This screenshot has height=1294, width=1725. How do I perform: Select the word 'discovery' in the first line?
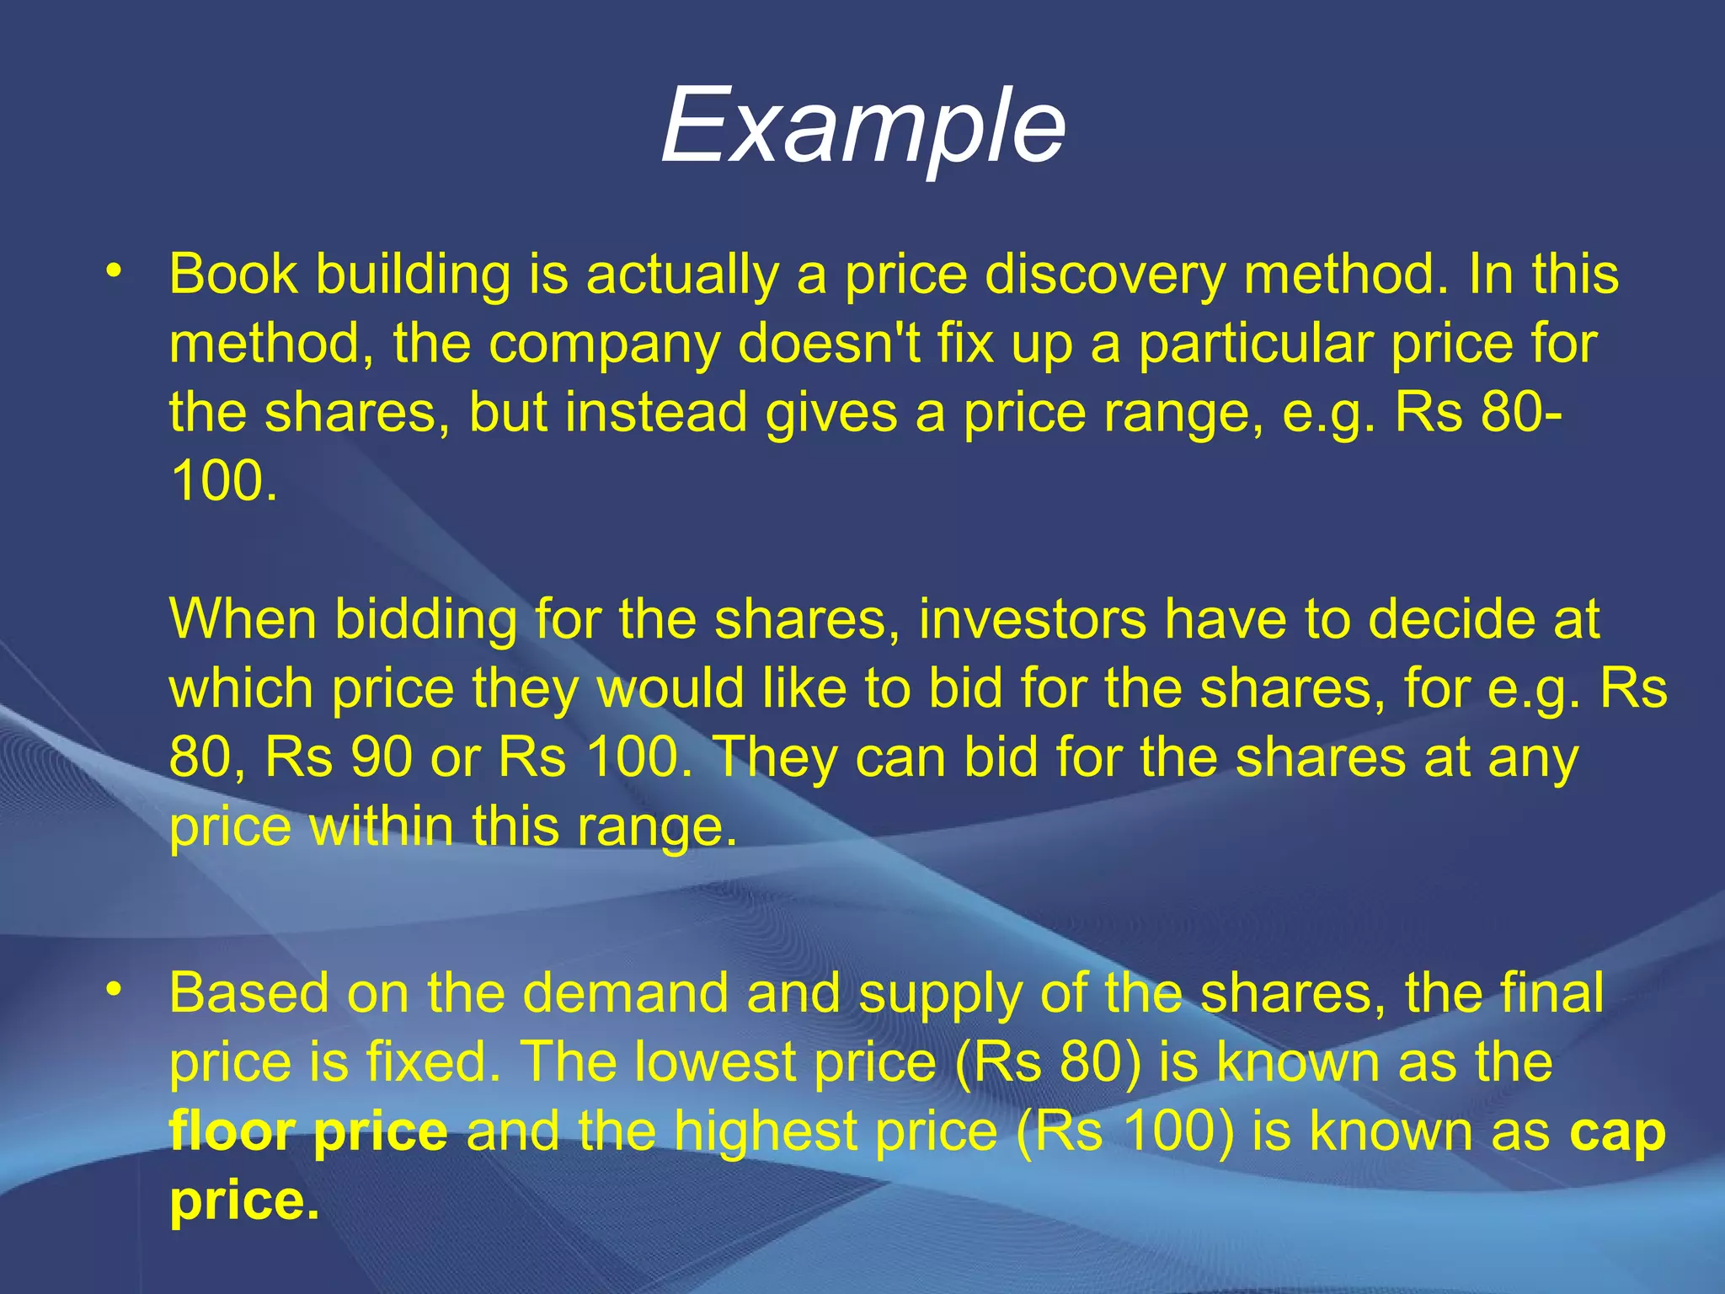point(1104,275)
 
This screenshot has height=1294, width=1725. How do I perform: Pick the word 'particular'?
point(1254,345)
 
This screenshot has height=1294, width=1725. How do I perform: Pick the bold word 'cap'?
point(1617,1134)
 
